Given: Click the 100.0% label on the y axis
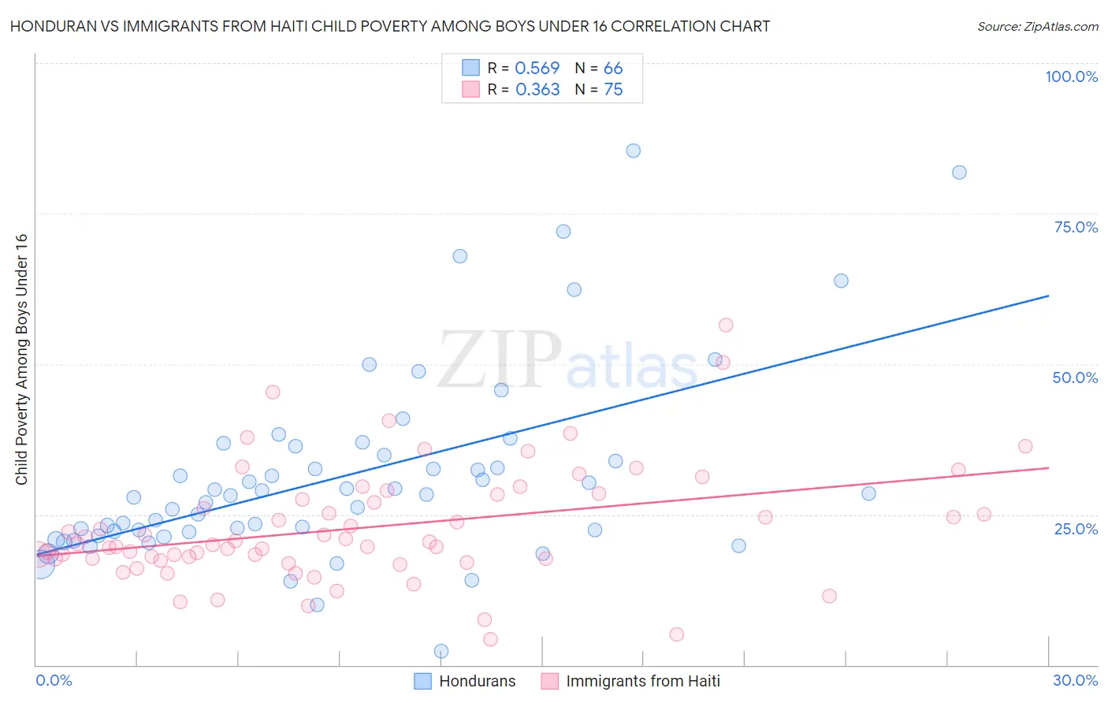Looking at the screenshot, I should pos(1071,76).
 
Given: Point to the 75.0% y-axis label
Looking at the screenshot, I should pos(1076,227).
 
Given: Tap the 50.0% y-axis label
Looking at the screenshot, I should pos(1075,378).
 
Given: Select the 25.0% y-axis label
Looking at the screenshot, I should pos(1076,528).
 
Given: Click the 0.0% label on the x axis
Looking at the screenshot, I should pos(54,680).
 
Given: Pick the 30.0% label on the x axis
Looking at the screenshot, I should pos(1075,680).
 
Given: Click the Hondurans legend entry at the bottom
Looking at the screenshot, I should pos(466,681).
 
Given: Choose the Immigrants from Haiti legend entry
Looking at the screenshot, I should pos(631,681).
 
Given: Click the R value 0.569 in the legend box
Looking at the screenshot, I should pos(537,69).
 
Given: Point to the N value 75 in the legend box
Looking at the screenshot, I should pos(613,90).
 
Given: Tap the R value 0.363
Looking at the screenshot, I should pos(537,90).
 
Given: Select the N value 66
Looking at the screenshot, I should pos(613,69).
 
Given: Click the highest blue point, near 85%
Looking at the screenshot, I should pos(633,151).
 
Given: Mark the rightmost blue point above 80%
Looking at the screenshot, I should pos(959,173).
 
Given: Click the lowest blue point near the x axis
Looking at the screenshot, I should pos(441,651).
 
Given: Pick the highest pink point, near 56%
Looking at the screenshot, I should pos(726,325).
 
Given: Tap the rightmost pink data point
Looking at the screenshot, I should pos(1025,446).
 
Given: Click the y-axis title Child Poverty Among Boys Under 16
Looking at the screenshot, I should pos(21,359).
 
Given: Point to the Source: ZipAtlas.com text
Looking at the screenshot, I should pos(1037,26).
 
